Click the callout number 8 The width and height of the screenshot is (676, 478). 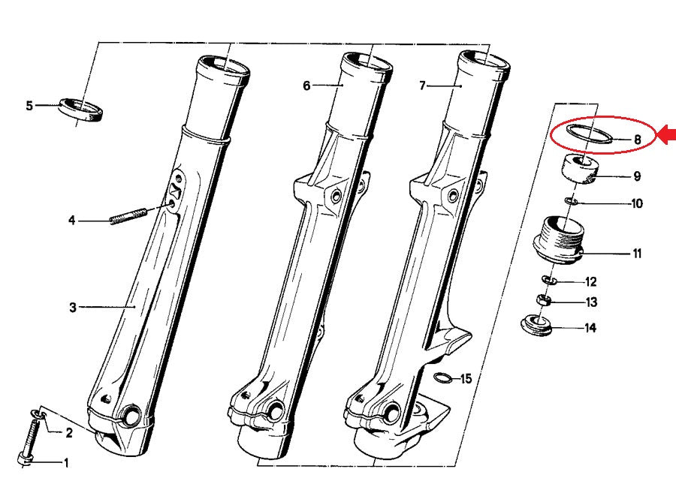pyautogui.click(x=637, y=140)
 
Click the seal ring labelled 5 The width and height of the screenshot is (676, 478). pyautogui.click(x=80, y=110)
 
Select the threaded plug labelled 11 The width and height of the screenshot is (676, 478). pyautogui.click(x=558, y=239)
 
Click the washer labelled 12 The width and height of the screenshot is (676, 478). pyautogui.click(x=549, y=281)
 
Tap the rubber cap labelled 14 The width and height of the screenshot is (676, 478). pyautogui.click(x=537, y=325)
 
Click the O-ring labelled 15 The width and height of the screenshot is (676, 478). pyautogui.click(x=444, y=377)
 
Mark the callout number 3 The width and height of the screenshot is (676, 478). pyautogui.click(x=73, y=308)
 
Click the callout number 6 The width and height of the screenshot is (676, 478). pyautogui.click(x=306, y=86)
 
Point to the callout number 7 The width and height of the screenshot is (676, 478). pyautogui.click(x=422, y=86)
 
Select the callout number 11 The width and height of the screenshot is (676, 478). pyautogui.click(x=637, y=254)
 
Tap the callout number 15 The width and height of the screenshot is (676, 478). pyautogui.click(x=466, y=379)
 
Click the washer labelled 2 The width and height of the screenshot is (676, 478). pyautogui.click(x=38, y=414)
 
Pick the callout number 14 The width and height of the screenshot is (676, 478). pyautogui.click(x=590, y=328)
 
